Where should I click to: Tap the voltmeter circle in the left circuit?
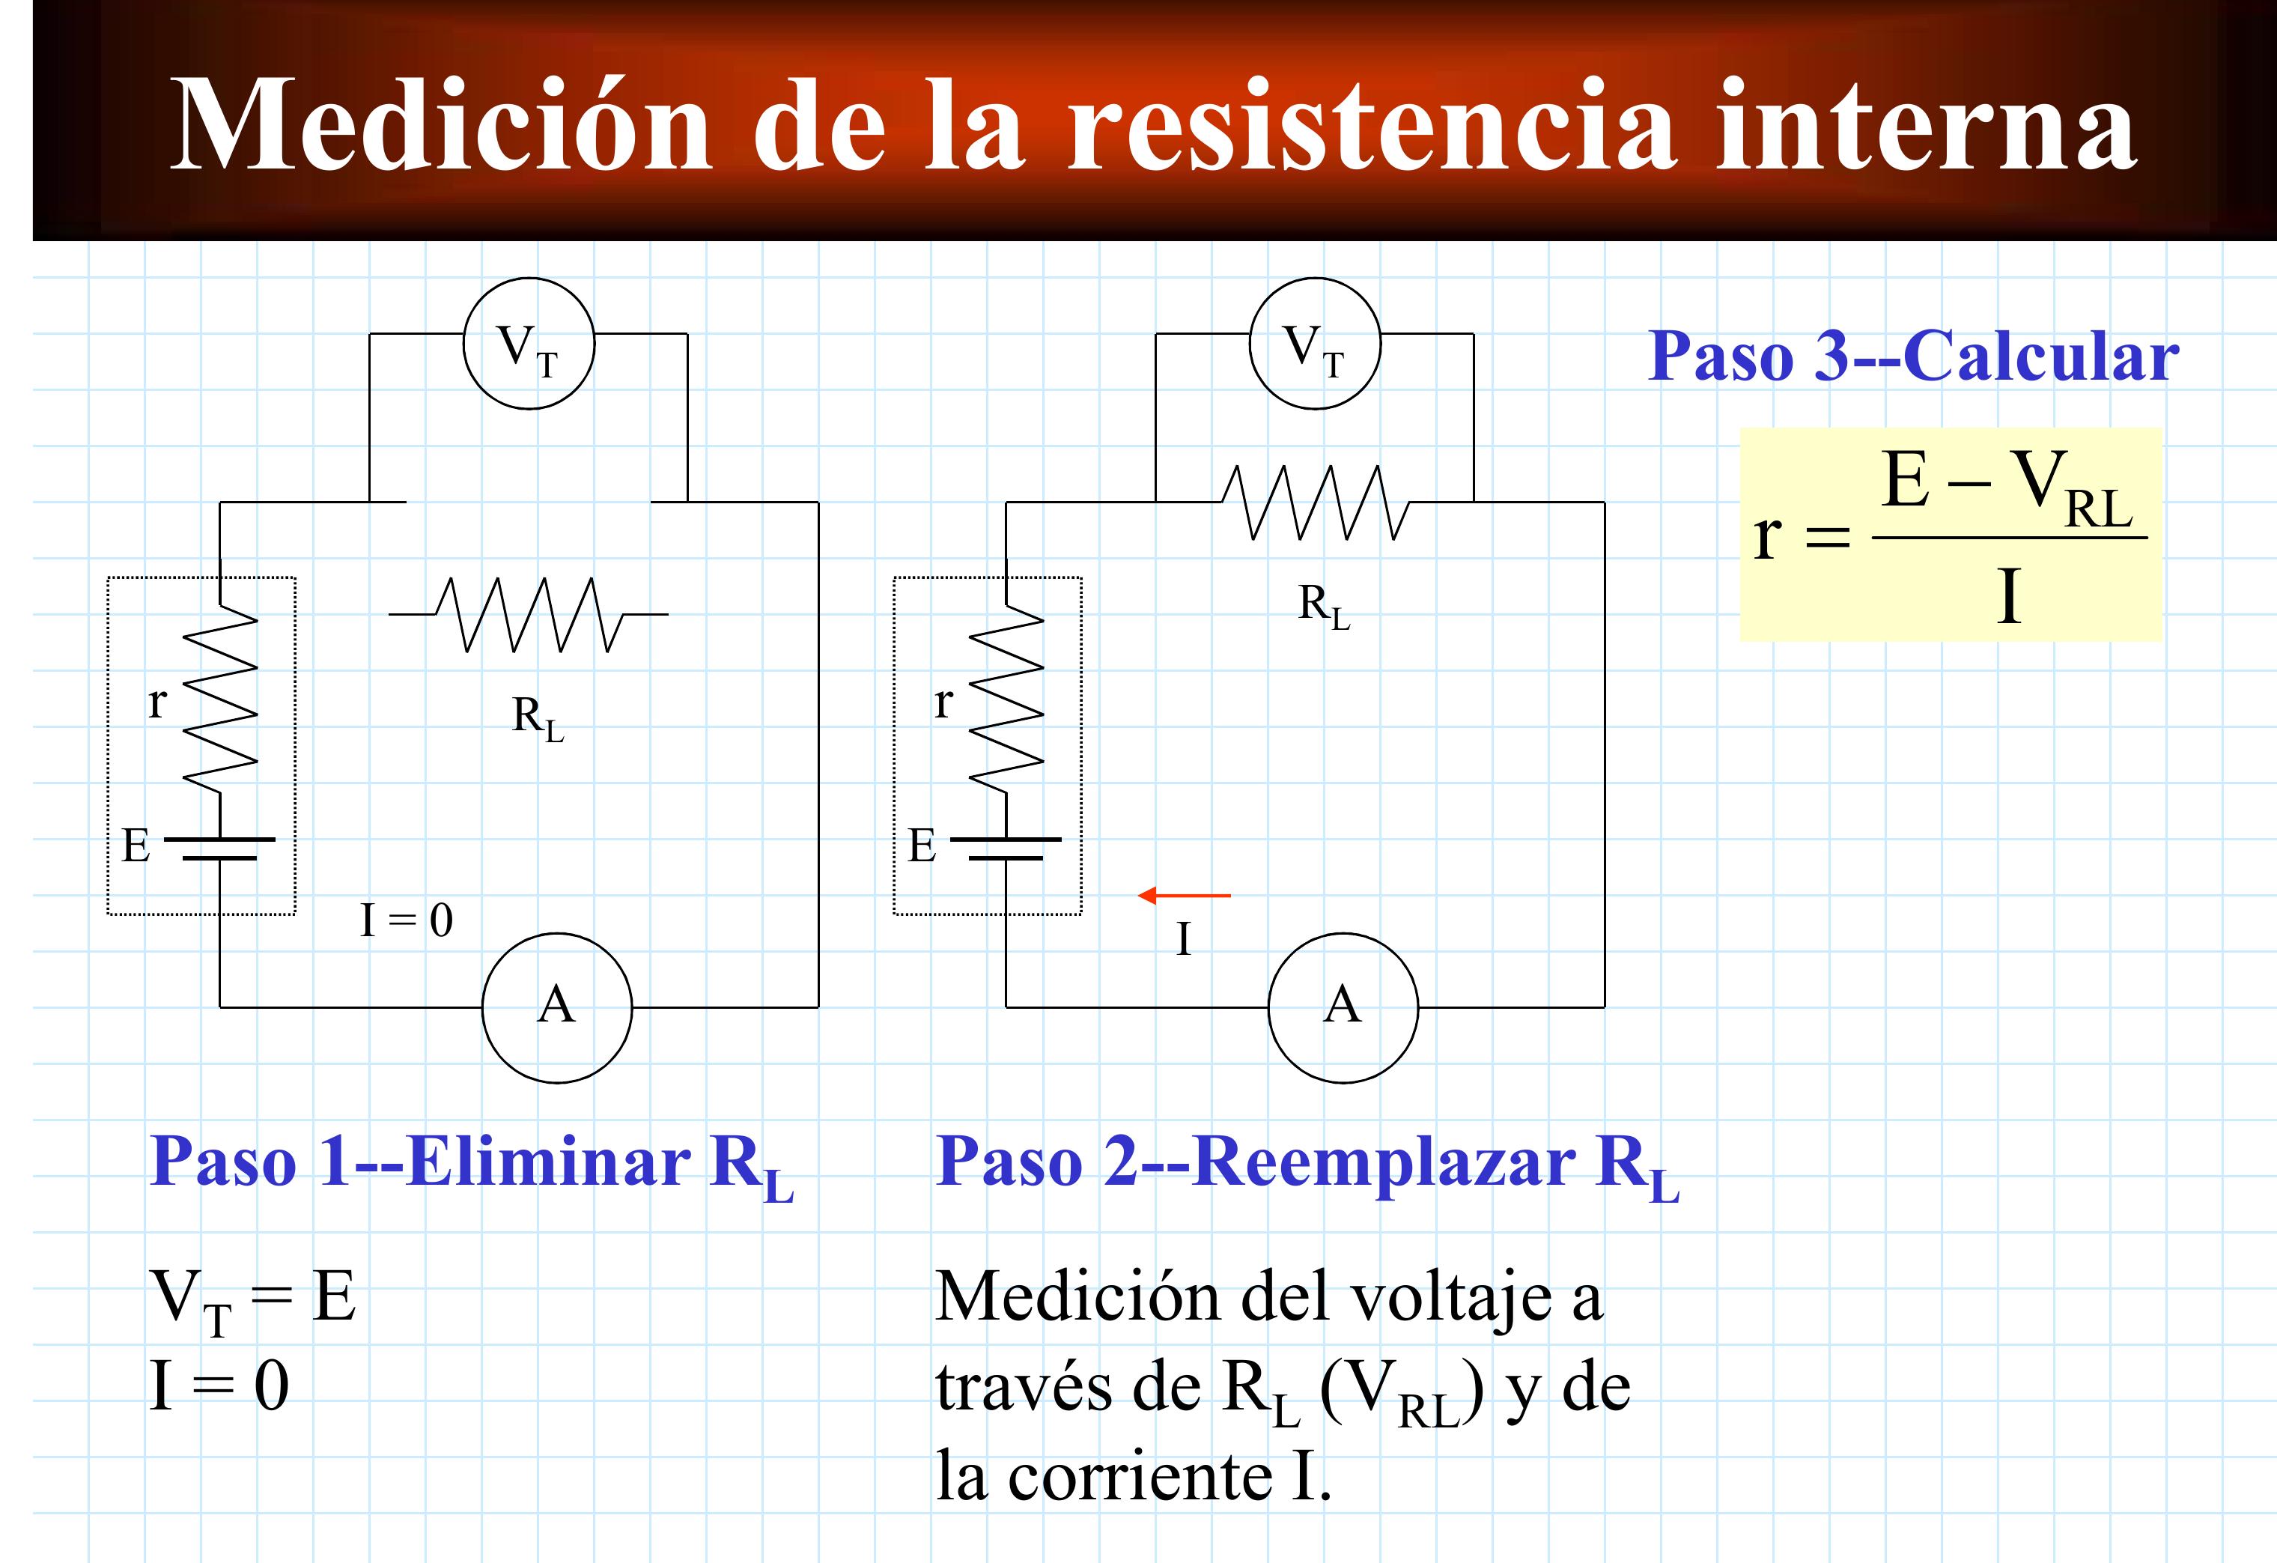[529, 343]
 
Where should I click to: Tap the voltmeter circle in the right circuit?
[1315, 343]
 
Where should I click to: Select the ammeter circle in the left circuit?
[556, 1007]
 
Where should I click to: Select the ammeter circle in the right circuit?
[1343, 1007]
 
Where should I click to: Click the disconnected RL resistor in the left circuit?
[529, 614]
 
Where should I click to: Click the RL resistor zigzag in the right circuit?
[1315, 502]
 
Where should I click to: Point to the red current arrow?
[1184, 895]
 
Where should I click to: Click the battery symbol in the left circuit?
[219, 849]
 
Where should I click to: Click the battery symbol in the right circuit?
[1006, 849]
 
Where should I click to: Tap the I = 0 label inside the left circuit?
[407, 919]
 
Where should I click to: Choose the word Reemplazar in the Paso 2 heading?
[1384, 1163]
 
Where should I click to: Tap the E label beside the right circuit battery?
[922, 845]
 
